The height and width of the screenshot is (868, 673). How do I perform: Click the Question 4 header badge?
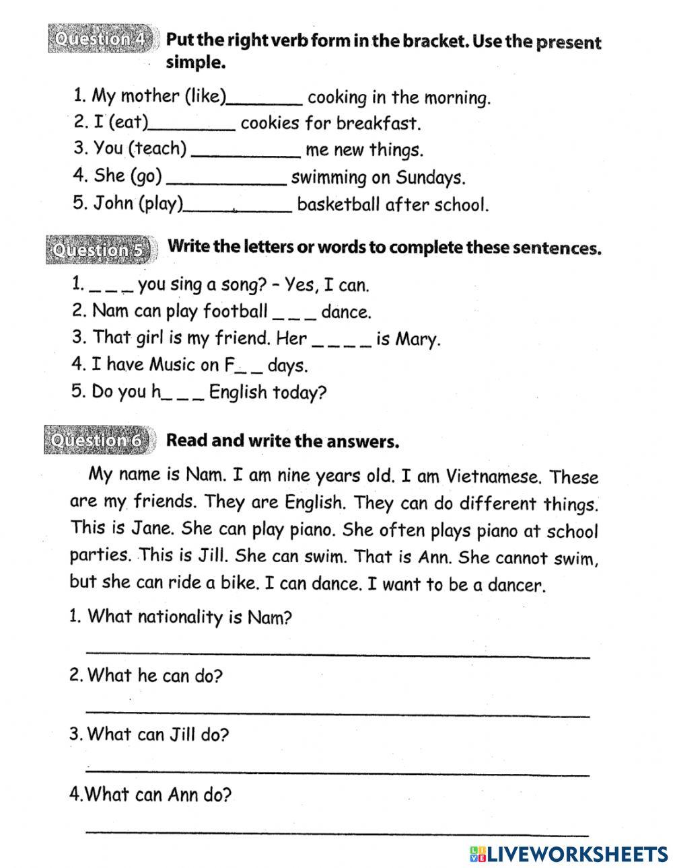click(x=102, y=39)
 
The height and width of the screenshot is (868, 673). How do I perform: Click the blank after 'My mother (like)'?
click(x=265, y=101)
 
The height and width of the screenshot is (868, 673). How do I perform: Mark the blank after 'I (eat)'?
click(x=192, y=126)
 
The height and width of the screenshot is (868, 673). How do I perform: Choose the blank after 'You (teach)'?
click(x=246, y=153)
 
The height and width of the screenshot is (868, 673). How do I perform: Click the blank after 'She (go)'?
click(x=226, y=180)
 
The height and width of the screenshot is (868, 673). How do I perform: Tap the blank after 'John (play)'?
click(x=238, y=208)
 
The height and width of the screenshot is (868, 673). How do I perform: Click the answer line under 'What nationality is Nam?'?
click(x=338, y=654)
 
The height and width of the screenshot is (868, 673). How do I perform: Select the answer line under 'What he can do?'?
click(x=338, y=712)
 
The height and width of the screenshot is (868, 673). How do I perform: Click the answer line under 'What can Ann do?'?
click(x=338, y=831)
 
